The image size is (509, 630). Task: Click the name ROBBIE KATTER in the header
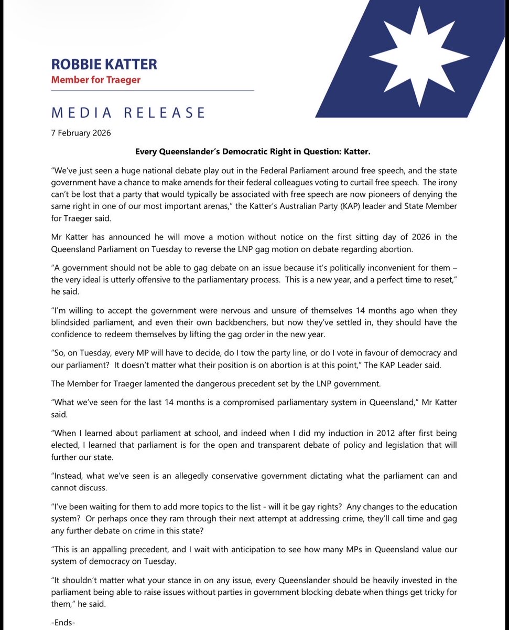pyautogui.click(x=104, y=65)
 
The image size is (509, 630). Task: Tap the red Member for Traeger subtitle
pyautogui.click(x=95, y=80)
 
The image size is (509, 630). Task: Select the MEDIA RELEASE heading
pyautogui.click(x=128, y=112)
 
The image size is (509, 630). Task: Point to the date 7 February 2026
pyautogui.click(x=81, y=133)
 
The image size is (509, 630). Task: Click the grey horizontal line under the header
pyautogui.click(x=152, y=91)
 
